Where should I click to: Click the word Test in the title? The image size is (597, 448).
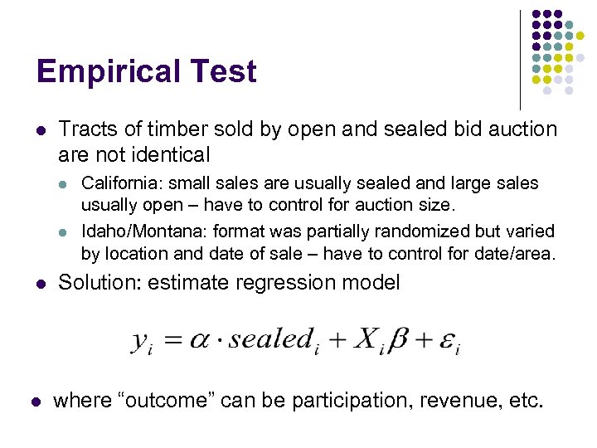click(x=225, y=71)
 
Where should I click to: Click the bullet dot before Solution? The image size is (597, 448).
click(x=40, y=284)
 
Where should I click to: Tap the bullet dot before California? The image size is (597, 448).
click(x=67, y=183)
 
